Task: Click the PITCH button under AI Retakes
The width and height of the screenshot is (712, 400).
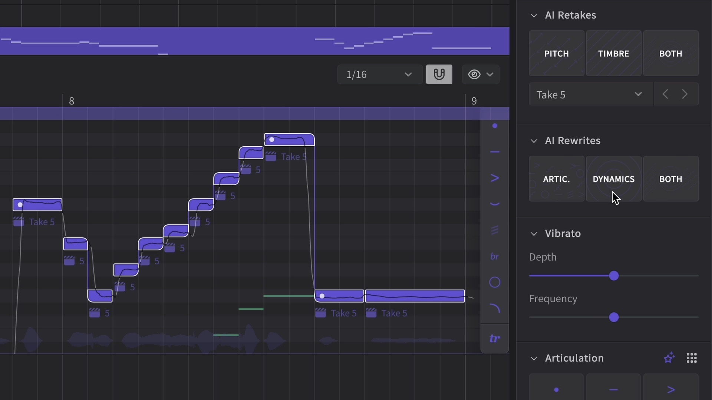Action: (x=556, y=53)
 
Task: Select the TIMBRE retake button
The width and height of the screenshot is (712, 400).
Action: (x=613, y=53)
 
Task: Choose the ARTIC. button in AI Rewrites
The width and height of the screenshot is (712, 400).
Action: (x=556, y=179)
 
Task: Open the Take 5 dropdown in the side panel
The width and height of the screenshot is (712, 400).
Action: (x=591, y=94)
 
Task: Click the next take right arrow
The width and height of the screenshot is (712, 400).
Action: (x=685, y=94)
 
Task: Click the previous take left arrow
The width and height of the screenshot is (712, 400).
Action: (x=665, y=94)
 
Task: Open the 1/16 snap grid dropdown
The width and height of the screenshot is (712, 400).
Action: (x=380, y=74)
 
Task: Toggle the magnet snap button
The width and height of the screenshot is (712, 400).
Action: (x=439, y=74)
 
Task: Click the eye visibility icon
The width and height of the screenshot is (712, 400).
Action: (x=474, y=74)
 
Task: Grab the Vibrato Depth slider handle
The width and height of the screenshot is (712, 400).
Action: (x=614, y=276)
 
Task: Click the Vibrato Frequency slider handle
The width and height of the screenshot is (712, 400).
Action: (x=614, y=317)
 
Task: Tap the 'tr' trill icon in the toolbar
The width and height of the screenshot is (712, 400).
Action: (x=495, y=339)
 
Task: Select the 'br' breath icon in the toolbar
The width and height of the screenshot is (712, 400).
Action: (x=495, y=256)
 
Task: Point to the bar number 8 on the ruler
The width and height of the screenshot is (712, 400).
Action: (x=72, y=101)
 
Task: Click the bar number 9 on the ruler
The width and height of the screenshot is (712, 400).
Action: (x=474, y=101)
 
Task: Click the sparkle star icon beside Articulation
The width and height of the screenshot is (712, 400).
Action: (x=669, y=358)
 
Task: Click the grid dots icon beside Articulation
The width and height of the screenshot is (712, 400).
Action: (x=692, y=358)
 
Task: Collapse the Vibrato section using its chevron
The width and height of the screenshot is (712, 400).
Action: (x=534, y=234)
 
